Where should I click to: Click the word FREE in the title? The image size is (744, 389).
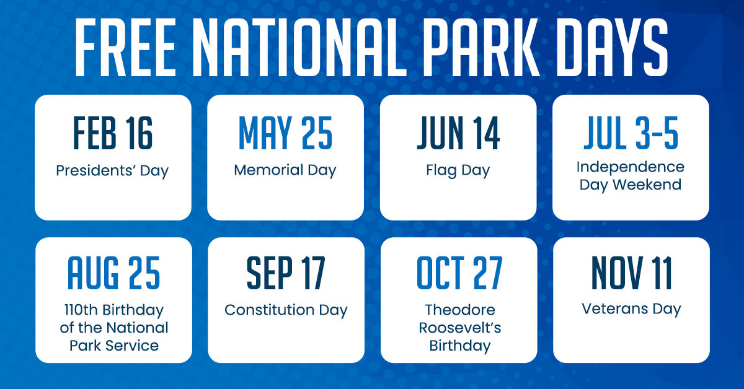tap(125, 47)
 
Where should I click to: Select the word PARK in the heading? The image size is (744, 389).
tap(482, 47)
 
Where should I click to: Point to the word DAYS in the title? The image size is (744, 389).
tap(612, 47)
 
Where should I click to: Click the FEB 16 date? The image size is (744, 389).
tap(113, 133)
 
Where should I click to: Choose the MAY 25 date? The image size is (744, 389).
tap(285, 133)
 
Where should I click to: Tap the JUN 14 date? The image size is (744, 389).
tap(458, 133)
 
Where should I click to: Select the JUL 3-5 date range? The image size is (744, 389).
tap(631, 133)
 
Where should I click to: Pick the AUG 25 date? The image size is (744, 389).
tap(113, 273)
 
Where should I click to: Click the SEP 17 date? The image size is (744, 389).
tap(286, 273)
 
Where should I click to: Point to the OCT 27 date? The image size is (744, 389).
tap(459, 273)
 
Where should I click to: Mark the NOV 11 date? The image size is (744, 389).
tap(631, 273)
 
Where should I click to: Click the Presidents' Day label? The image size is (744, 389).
tap(112, 171)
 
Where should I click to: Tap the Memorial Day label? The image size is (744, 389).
tap(285, 170)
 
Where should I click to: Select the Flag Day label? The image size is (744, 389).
tap(458, 171)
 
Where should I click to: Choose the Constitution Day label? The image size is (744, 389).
tap(286, 311)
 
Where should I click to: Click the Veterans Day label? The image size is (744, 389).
tap(631, 310)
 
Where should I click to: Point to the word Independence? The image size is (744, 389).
tap(631, 168)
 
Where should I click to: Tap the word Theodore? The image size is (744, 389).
tap(460, 310)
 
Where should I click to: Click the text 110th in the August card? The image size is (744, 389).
tap(81, 310)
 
